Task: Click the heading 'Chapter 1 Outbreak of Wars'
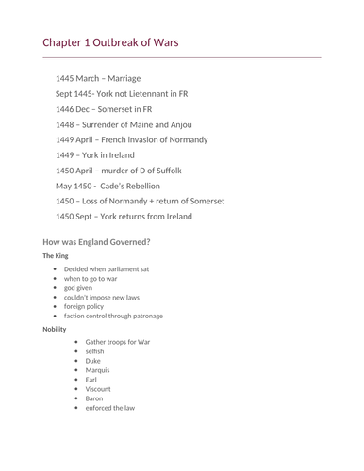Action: pyautogui.click(x=110, y=42)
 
